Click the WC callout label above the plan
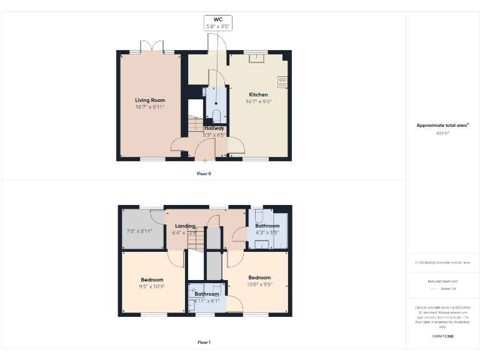pos(218,20)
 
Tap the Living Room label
pos(150,100)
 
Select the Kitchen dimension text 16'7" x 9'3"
pos(258,101)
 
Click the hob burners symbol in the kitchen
pos(282,81)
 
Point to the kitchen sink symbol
pos(256,59)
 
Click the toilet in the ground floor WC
pos(216,114)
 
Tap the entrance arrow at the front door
pos(205,161)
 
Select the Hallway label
pos(214,128)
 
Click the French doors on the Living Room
pos(151,47)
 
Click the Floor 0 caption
pos(204,173)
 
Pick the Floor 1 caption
pos(204,342)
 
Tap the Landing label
pos(185,226)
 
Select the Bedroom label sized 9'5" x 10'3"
pos(152,279)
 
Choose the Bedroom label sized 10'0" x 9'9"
pos(259,277)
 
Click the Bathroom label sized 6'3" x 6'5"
pos(267,226)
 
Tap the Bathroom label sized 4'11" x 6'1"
pos(207,294)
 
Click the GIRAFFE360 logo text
pos(442,336)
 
